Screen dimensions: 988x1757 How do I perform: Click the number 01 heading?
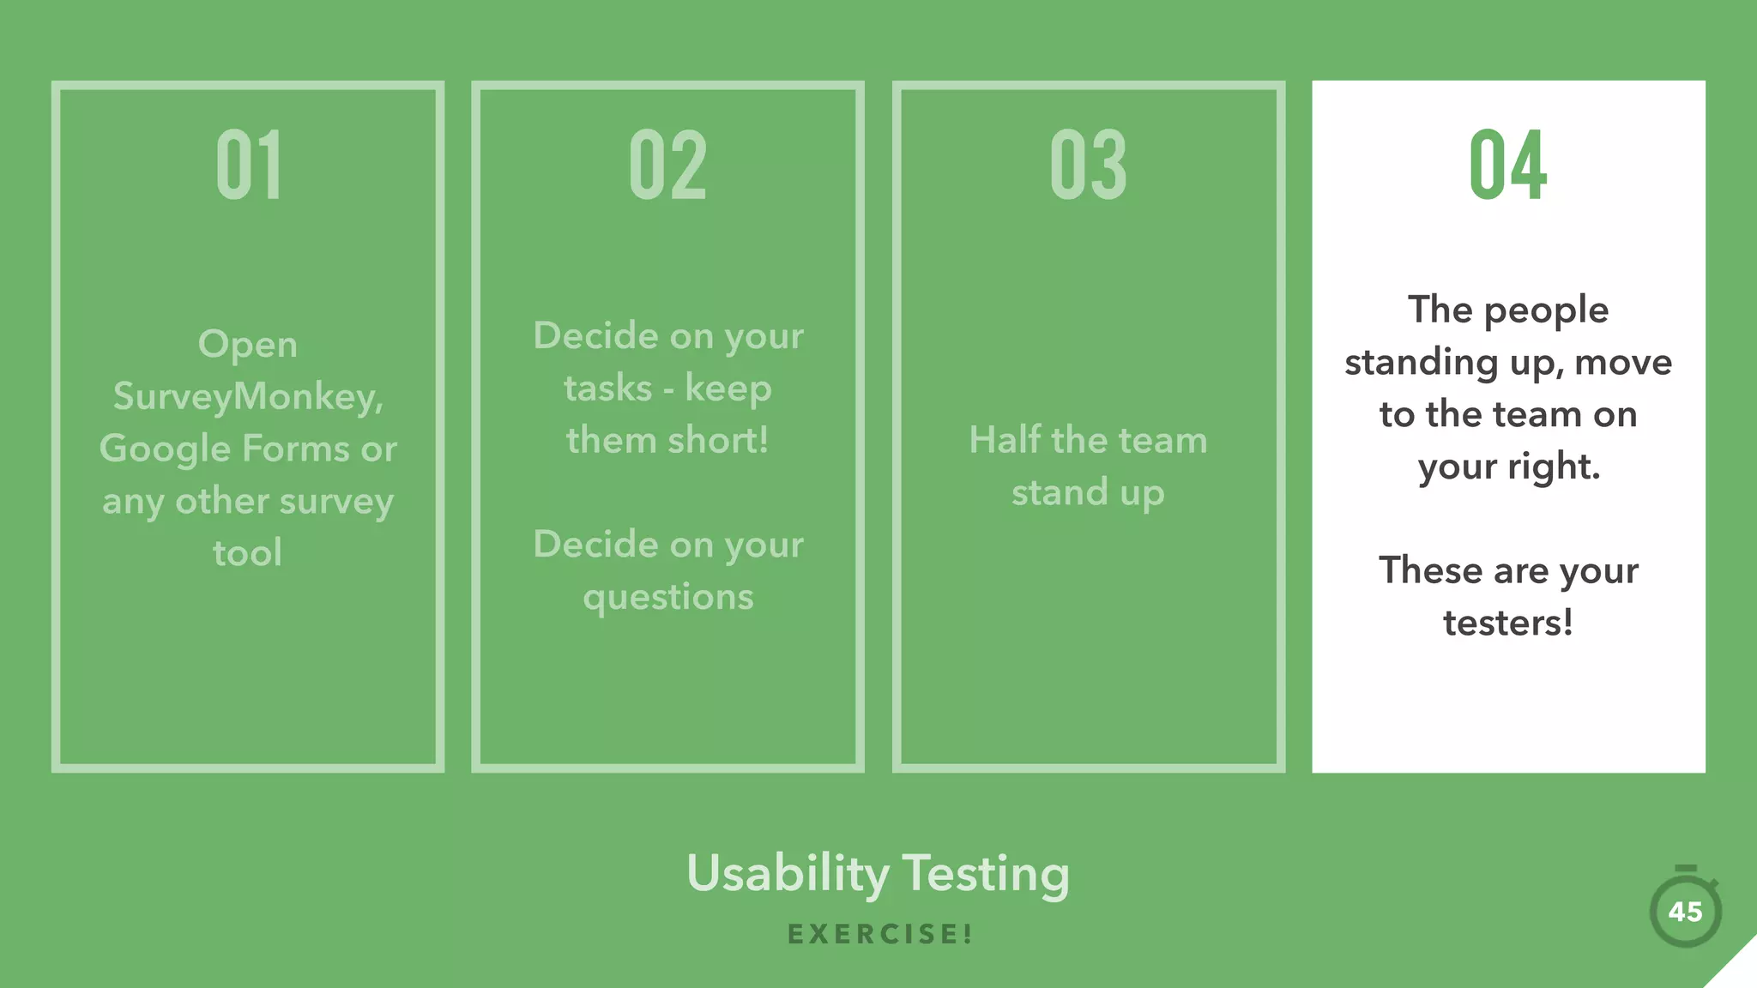(x=249, y=165)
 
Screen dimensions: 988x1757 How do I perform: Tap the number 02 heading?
(x=667, y=165)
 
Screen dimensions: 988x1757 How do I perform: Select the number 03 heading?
(x=1088, y=165)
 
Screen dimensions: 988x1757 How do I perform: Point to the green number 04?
(x=1507, y=165)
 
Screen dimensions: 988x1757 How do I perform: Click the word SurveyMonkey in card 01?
(x=248, y=397)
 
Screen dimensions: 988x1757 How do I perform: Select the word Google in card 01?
(x=165, y=449)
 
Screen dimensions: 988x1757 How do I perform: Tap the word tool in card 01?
(x=248, y=553)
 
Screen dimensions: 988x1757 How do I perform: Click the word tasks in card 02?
(x=608, y=389)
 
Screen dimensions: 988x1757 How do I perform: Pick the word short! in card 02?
(x=718, y=441)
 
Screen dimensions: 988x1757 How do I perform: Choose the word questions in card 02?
(x=668, y=597)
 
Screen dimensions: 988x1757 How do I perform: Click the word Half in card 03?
(x=1005, y=440)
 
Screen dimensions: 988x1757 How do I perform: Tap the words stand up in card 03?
(x=1088, y=493)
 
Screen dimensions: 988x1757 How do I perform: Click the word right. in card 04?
(x=1554, y=467)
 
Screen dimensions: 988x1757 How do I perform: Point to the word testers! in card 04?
(x=1508, y=624)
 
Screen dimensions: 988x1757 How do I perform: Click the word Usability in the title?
(x=788, y=874)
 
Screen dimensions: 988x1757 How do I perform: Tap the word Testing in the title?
(x=986, y=874)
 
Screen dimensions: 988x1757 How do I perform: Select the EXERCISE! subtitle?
(x=880, y=934)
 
